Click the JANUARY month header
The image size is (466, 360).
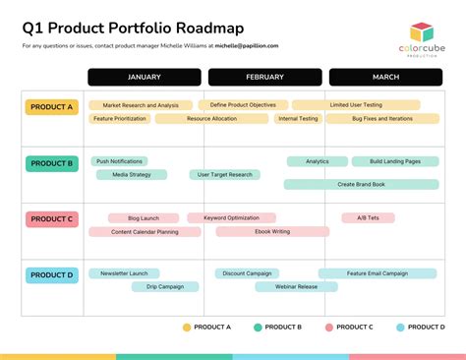[145, 77]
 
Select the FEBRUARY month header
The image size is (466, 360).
[264, 77]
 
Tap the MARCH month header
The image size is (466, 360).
[385, 77]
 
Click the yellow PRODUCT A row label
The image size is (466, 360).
[51, 107]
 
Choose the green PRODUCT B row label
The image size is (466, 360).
[51, 163]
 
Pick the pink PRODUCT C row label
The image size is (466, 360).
[51, 219]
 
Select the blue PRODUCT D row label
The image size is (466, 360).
[51, 275]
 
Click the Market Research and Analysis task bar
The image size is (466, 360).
[141, 105]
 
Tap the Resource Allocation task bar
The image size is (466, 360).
[211, 119]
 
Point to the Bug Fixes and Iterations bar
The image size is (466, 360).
[355, 119]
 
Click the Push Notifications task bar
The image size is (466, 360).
[119, 161]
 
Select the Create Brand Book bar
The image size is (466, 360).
[361, 184]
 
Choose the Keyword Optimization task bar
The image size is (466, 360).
[231, 217]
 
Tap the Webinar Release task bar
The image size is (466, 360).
[296, 287]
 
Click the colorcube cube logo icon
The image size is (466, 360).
[422, 32]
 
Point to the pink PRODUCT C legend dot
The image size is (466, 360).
[329, 327]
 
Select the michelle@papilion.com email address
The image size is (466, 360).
[247, 45]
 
